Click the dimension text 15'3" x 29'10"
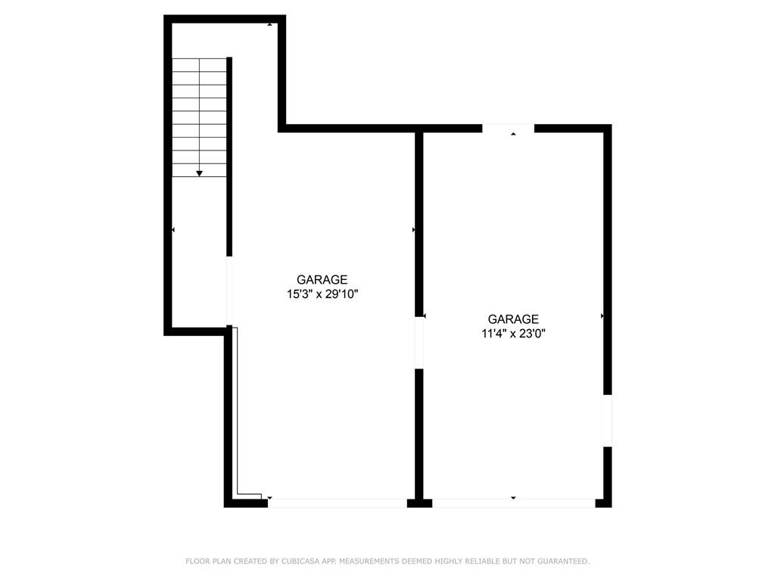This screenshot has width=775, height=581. pyautogui.click(x=322, y=294)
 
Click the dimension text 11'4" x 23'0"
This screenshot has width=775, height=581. pyautogui.click(x=513, y=333)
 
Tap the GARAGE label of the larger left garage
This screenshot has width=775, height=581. pyautogui.click(x=322, y=279)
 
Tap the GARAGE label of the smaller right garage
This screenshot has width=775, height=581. pyautogui.click(x=513, y=319)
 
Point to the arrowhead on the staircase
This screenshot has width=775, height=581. pyautogui.click(x=200, y=173)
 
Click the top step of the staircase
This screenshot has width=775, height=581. pyautogui.click(x=200, y=65)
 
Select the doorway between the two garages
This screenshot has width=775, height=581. pyautogui.click(x=419, y=343)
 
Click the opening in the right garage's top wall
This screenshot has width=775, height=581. pyautogui.click(x=509, y=128)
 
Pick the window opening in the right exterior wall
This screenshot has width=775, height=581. pyautogui.click(x=606, y=421)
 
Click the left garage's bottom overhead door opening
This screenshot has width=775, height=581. pyautogui.click(x=338, y=502)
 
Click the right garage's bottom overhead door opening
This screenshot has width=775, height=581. pyautogui.click(x=513, y=502)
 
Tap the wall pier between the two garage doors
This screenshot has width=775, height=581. pyautogui.click(x=419, y=502)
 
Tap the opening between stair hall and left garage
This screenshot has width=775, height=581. pyautogui.click(x=229, y=292)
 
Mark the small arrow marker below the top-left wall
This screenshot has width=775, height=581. pyautogui.click(x=270, y=25)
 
